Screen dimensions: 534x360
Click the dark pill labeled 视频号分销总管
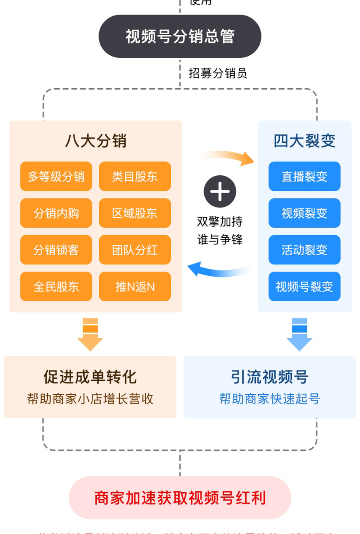point(180,36)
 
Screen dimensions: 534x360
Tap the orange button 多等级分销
point(56,176)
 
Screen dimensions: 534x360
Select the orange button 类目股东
point(135,176)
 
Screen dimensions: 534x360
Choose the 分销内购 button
point(56,213)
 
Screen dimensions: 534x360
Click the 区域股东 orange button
point(135,213)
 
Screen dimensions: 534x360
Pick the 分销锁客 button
point(56,250)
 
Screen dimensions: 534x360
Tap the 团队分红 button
point(135,250)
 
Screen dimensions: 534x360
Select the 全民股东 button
point(56,287)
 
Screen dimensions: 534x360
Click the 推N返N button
point(135,287)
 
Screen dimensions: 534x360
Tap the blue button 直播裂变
point(304,176)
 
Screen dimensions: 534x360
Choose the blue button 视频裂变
point(304,213)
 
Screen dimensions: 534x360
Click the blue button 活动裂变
point(304,250)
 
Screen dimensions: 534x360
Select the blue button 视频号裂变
point(304,287)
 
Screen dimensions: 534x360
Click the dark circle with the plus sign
point(220,191)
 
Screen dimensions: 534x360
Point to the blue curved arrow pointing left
point(218,270)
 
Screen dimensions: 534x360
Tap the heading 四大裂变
point(304,141)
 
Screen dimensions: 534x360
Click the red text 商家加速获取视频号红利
point(180,498)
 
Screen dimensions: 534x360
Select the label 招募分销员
point(218,73)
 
